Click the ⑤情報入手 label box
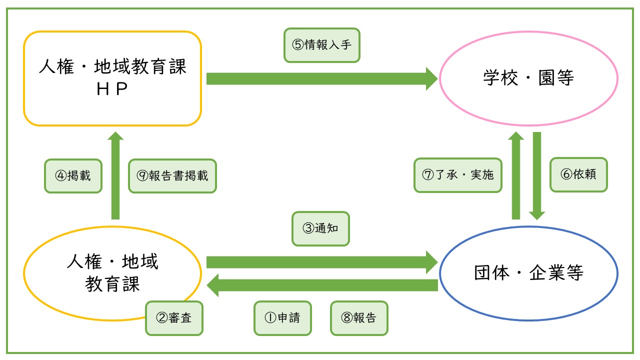[x=322, y=45]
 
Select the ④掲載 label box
[x=73, y=176]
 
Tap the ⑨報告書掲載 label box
[x=172, y=176]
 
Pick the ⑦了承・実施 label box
[x=458, y=175]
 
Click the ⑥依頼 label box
[x=578, y=175]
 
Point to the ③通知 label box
[x=320, y=228]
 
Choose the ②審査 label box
[x=174, y=318]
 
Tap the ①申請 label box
[x=283, y=318]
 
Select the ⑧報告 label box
[x=359, y=318]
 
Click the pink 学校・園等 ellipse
[x=528, y=78]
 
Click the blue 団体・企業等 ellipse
[x=528, y=273]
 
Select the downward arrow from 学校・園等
[x=537, y=175]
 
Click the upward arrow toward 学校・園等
[x=516, y=175]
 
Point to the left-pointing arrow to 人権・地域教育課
[x=322, y=285]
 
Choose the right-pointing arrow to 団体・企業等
[x=322, y=262]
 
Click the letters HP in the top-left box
[x=112, y=89]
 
